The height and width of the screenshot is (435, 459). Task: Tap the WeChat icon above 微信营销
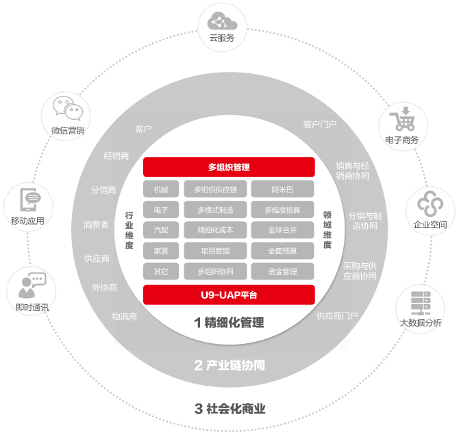tap(68, 110)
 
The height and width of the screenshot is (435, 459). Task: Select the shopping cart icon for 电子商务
tap(401, 120)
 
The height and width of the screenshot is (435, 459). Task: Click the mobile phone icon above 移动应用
tap(28, 201)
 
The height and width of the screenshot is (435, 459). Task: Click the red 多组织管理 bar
tap(229, 167)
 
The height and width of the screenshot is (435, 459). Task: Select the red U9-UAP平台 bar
tap(229, 295)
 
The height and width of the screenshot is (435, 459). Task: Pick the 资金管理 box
tap(282, 271)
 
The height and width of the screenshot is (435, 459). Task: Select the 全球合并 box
tap(282, 230)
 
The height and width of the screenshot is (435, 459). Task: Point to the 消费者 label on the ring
tap(96, 224)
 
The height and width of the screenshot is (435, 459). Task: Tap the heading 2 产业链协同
tap(229, 365)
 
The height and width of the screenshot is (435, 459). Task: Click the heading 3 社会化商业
tap(229, 410)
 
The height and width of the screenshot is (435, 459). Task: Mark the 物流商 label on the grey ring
tap(125, 316)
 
